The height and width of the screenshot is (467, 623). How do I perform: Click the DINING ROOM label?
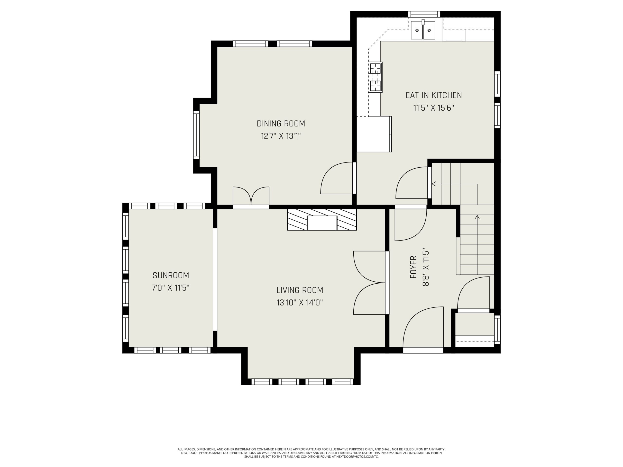pos(281,124)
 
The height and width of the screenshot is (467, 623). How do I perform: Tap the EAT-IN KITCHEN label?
pos(434,95)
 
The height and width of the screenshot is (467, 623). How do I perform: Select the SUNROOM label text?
pos(171,275)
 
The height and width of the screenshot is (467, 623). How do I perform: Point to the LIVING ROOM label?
pos(300,290)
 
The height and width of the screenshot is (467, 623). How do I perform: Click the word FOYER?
pos(413,267)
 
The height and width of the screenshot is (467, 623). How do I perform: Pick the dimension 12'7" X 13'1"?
pos(281,136)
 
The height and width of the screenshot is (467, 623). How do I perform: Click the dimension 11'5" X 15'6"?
pos(434,108)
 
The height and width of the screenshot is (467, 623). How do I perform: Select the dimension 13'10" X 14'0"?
pos(300,303)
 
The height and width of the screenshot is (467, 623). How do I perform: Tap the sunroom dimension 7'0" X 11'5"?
pos(171,288)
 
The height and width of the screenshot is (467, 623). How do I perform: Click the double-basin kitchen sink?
pos(423,30)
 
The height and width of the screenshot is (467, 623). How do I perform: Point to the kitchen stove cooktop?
pos(376,77)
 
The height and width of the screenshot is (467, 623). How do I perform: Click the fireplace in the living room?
pos(322,220)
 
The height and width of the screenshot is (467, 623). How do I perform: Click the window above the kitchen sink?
pos(424,14)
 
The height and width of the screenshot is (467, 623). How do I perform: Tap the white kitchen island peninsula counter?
pos(374,134)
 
